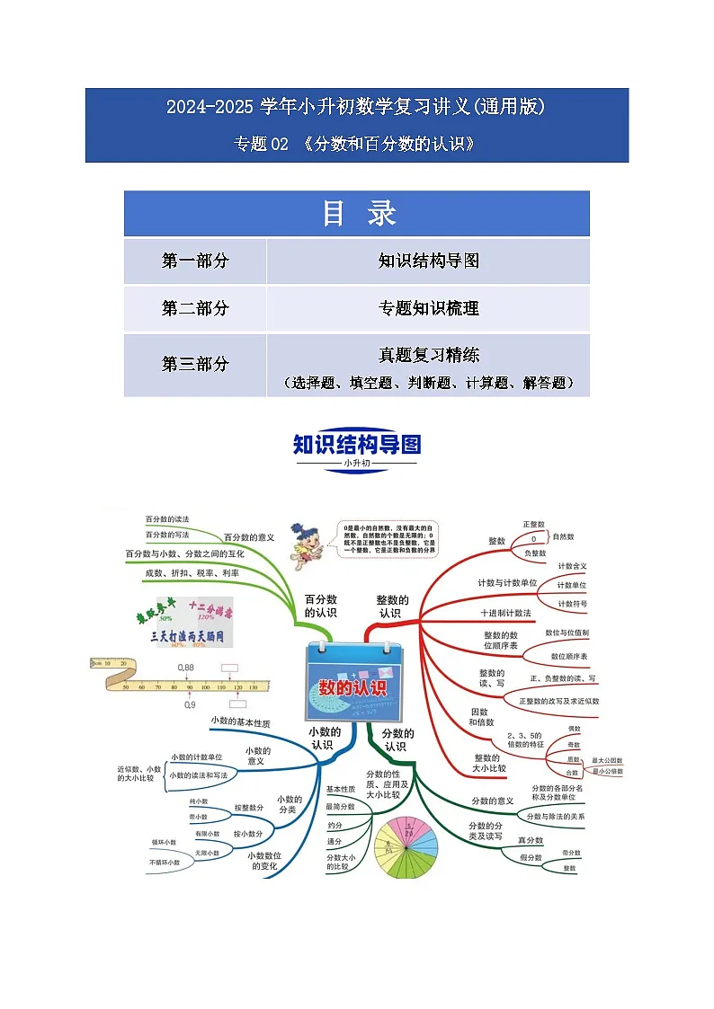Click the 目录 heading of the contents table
click(x=357, y=214)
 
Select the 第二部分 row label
click(x=195, y=308)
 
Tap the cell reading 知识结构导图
click(x=428, y=261)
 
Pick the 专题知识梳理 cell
click(x=428, y=308)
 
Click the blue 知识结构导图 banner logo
click(x=357, y=446)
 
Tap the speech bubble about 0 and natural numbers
click(x=390, y=543)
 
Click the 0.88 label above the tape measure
click(x=186, y=668)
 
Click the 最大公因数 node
click(x=608, y=760)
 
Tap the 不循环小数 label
click(x=165, y=863)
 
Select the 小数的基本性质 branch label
click(x=240, y=721)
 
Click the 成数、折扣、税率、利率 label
click(x=192, y=572)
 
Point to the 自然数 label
click(x=564, y=536)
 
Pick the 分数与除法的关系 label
click(x=556, y=817)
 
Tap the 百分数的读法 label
click(x=167, y=519)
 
